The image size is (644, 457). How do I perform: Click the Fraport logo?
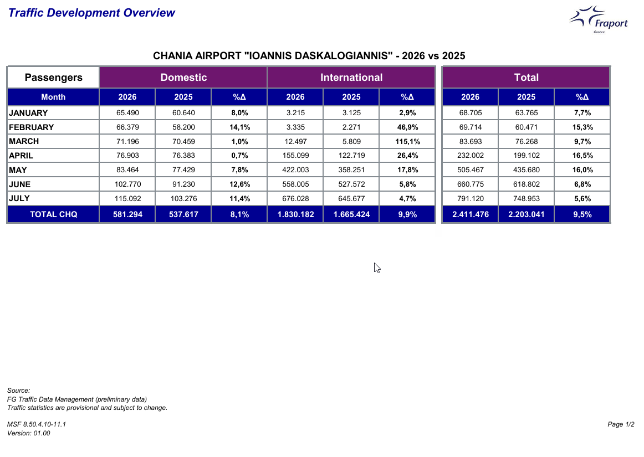(599, 19)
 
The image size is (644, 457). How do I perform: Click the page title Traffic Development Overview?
(91, 13)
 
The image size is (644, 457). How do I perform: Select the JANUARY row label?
(28, 113)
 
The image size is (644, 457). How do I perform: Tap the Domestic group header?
(183, 77)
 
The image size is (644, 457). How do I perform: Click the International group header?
(351, 77)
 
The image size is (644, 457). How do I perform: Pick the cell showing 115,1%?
(407, 142)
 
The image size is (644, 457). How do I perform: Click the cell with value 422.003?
(296, 170)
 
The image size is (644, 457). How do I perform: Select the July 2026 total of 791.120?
(471, 199)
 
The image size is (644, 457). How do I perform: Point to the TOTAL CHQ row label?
(53, 214)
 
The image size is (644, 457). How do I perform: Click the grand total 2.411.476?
(471, 214)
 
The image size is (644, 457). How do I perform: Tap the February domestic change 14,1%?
(240, 127)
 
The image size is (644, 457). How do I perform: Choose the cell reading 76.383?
(183, 156)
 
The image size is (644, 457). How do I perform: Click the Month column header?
(53, 97)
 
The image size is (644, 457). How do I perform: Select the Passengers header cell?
(53, 77)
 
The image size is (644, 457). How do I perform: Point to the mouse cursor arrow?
(377, 268)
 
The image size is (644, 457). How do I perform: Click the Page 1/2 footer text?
(621, 424)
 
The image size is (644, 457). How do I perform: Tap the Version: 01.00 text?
(29, 433)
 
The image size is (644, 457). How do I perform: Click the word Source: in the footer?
(18, 391)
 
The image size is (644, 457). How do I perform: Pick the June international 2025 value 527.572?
(351, 184)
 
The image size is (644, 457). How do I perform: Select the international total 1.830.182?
(296, 214)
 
